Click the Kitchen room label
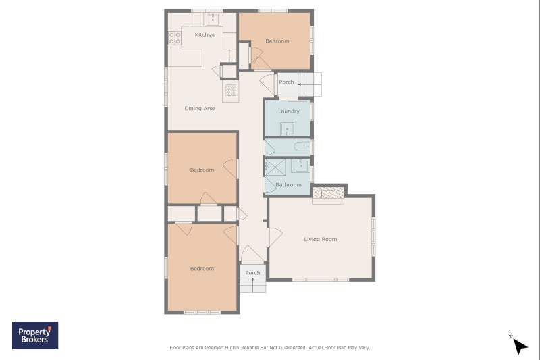click(x=205, y=35)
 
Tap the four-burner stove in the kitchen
click(x=175, y=38)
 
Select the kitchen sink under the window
click(x=213, y=20)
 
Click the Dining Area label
click(x=200, y=108)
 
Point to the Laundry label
click(x=289, y=111)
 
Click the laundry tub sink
click(x=287, y=129)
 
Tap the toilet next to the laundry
click(x=302, y=147)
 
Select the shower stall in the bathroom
click(x=275, y=168)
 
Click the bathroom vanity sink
click(x=301, y=165)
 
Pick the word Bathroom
click(x=288, y=184)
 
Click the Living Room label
click(x=320, y=239)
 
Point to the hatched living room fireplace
click(x=328, y=192)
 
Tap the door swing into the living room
click(x=275, y=236)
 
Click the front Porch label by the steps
click(x=252, y=272)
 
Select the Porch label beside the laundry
click(x=286, y=82)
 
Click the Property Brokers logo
click(x=35, y=335)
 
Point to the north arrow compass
click(x=519, y=344)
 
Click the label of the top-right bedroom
click(x=277, y=41)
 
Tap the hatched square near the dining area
click(x=231, y=90)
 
